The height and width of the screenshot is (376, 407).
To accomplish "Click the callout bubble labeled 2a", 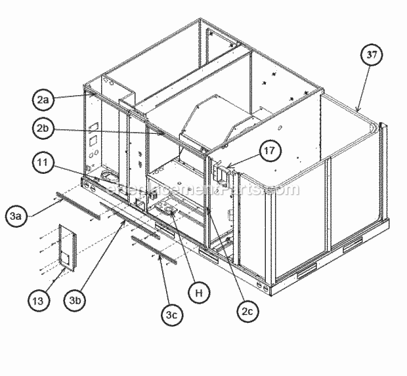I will tap(43, 100).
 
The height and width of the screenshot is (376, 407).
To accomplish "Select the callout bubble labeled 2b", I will tap(43, 129).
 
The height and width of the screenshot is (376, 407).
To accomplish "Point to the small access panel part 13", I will tap(66, 247).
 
